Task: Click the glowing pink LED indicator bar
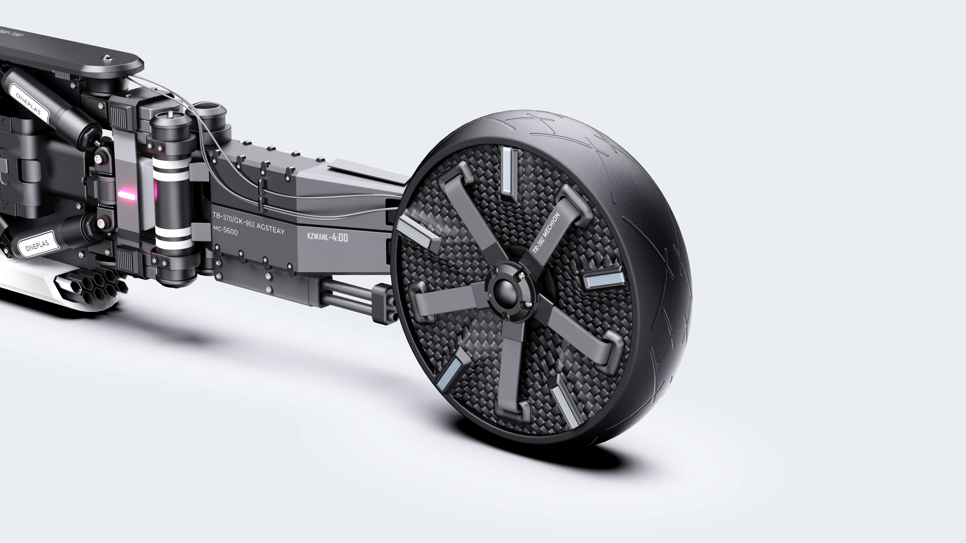coord(126,195)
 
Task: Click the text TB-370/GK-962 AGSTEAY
coord(248,223)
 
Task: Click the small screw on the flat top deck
coord(107,58)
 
